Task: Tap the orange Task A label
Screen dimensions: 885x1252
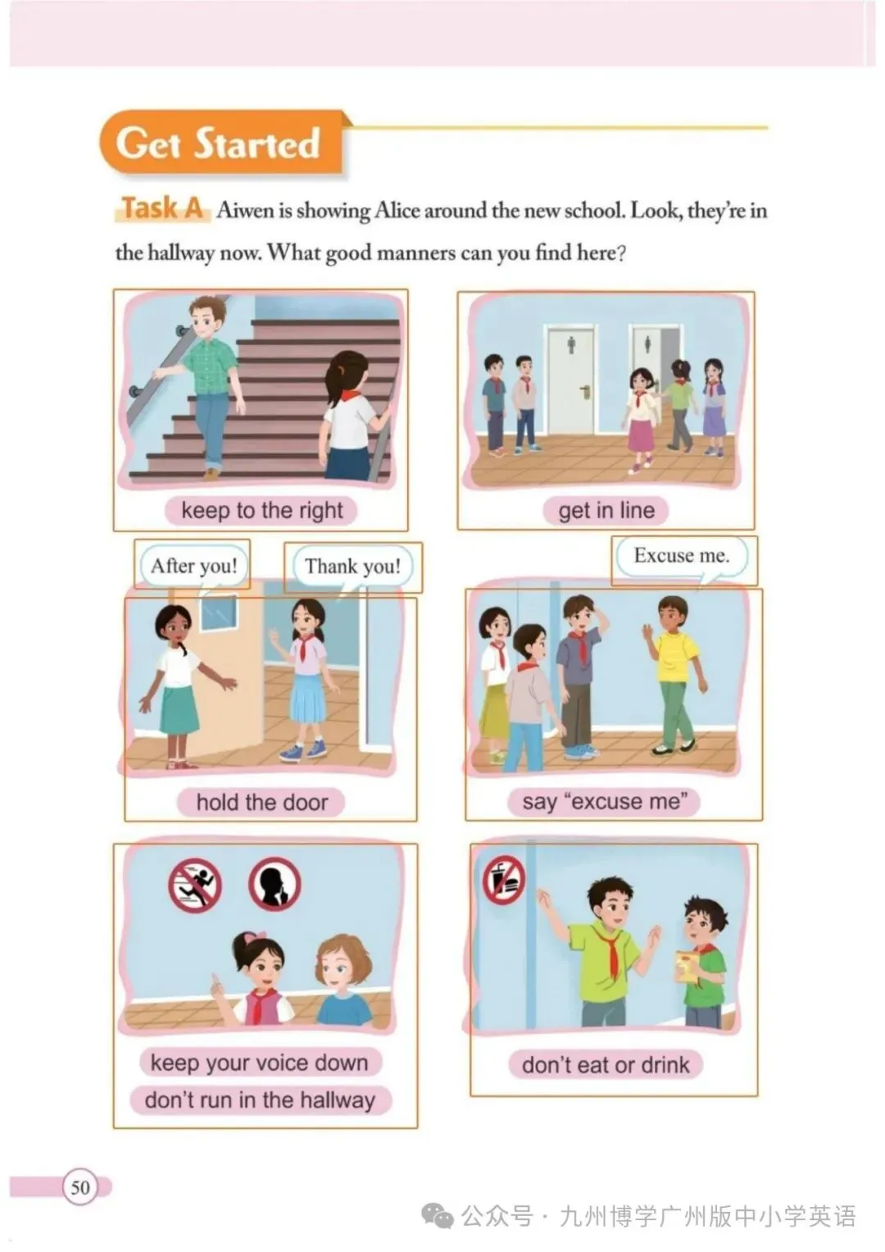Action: (x=162, y=208)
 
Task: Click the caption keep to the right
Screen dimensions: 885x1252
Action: (x=261, y=511)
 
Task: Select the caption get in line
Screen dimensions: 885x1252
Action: (x=606, y=511)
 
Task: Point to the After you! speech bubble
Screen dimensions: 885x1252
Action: (x=194, y=566)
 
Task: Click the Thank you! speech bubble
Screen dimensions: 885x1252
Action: (x=352, y=567)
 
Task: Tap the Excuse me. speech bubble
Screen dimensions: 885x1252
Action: (x=682, y=556)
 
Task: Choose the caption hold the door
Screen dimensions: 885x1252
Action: (x=261, y=803)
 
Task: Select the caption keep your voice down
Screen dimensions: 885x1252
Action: (x=260, y=1063)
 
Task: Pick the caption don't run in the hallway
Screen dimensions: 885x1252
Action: (x=261, y=1100)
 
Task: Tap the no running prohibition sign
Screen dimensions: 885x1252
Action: (x=195, y=886)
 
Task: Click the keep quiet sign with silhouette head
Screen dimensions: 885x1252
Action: (x=275, y=885)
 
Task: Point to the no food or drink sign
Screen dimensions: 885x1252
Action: (x=504, y=879)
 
